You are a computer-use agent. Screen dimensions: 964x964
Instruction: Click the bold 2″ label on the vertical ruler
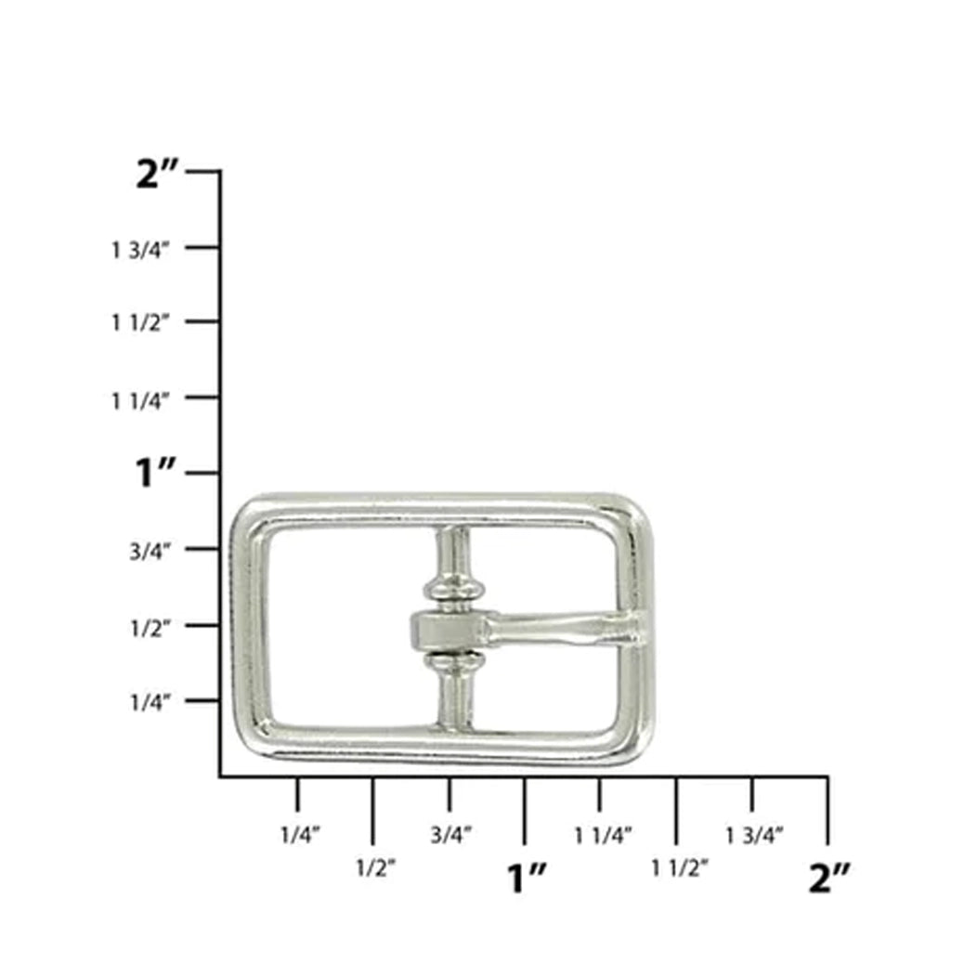[x=157, y=174]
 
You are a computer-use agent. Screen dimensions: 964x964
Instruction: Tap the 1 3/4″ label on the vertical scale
[x=139, y=250]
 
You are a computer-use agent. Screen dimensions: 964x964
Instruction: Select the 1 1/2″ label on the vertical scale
[x=139, y=322]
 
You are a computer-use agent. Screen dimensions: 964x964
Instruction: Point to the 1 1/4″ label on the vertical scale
[x=139, y=401]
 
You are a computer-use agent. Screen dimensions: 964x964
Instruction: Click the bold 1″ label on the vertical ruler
[x=155, y=473]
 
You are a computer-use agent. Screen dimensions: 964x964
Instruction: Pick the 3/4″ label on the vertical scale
[x=150, y=552]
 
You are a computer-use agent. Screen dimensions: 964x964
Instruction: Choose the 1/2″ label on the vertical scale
[x=150, y=628]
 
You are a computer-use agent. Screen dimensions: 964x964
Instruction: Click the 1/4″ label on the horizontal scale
[x=300, y=835]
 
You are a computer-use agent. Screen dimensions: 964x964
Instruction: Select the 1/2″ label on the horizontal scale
[x=375, y=868]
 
